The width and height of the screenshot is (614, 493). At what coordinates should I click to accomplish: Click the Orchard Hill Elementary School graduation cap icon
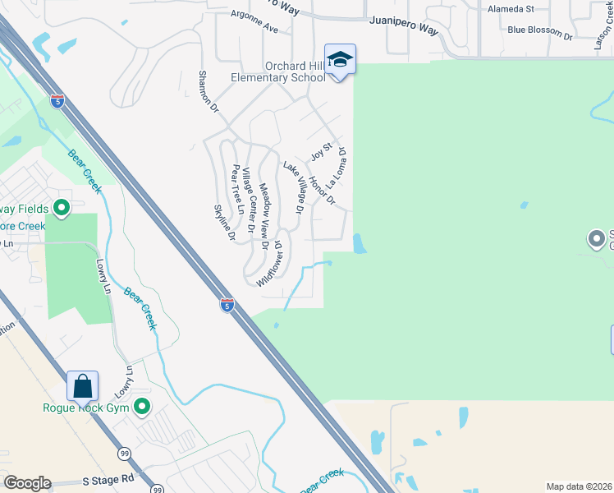point(341,59)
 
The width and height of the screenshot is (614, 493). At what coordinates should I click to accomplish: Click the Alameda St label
point(511,9)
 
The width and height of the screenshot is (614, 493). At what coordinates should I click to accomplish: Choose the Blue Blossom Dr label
point(539,32)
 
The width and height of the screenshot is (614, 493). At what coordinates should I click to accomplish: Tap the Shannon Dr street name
point(209,91)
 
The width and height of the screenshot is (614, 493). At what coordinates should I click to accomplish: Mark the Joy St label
point(320,151)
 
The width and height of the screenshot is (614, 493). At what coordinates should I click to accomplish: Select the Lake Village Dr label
point(294,188)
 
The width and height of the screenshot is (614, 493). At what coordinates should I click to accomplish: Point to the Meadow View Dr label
point(264,215)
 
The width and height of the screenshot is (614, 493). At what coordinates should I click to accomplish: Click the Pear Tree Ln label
point(238,188)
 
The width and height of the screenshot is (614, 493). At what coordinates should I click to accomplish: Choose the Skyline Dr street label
point(225,223)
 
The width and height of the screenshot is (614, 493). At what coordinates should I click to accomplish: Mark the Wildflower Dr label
point(269,263)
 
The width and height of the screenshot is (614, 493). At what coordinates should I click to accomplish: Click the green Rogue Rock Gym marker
point(141,407)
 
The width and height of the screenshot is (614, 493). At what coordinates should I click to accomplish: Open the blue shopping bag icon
point(83,386)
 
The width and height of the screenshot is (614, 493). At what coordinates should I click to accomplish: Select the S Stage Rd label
point(108,479)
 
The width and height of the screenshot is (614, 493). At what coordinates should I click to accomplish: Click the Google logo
point(27,483)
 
